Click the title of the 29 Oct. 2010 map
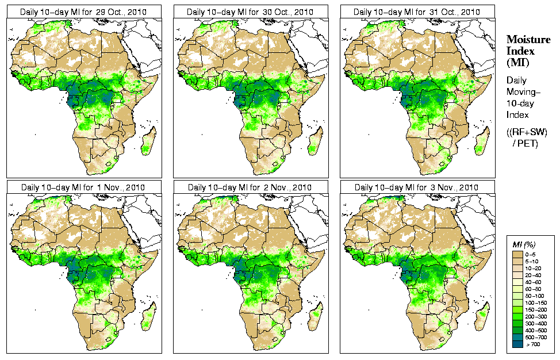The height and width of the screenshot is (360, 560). (84, 12)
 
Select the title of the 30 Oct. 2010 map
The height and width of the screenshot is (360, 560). (251, 12)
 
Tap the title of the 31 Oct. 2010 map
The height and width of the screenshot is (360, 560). (417, 12)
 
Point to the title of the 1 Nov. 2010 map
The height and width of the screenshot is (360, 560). (84, 187)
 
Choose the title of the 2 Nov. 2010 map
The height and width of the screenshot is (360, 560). (251, 187)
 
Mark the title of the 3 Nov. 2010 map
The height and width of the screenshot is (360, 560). (417, 187)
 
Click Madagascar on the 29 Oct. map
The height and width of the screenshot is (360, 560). (148, 140)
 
